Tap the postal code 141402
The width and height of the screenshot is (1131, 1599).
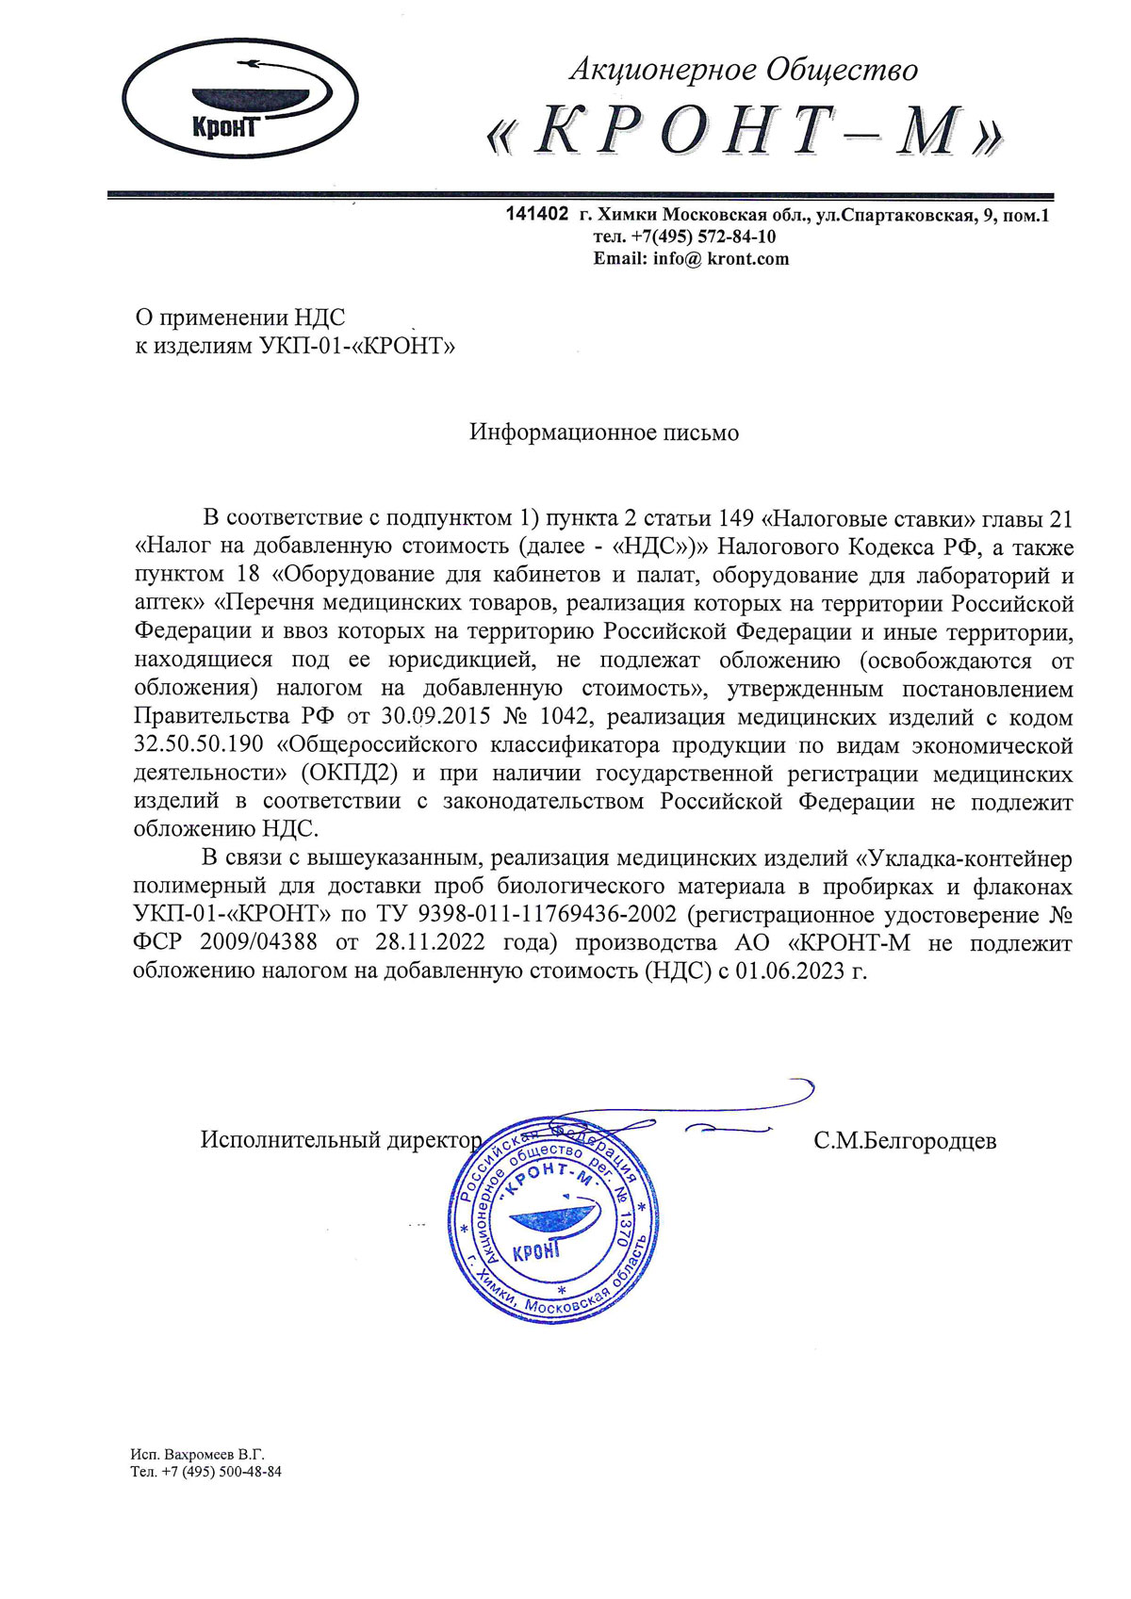(x=537, y=215)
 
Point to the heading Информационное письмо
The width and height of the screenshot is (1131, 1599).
(x=604, y=432)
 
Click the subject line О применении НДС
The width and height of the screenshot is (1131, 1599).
(x=240, y=318)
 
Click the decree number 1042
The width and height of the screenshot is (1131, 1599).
(x=565, y=717)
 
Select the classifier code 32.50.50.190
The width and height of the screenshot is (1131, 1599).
(x=199, y=745)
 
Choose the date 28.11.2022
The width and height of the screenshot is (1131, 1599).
(x=430, y=943)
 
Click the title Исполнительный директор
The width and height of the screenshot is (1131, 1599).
(x=341, y=1140)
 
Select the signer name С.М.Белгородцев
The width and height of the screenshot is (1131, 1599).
(x=905, y=1141)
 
